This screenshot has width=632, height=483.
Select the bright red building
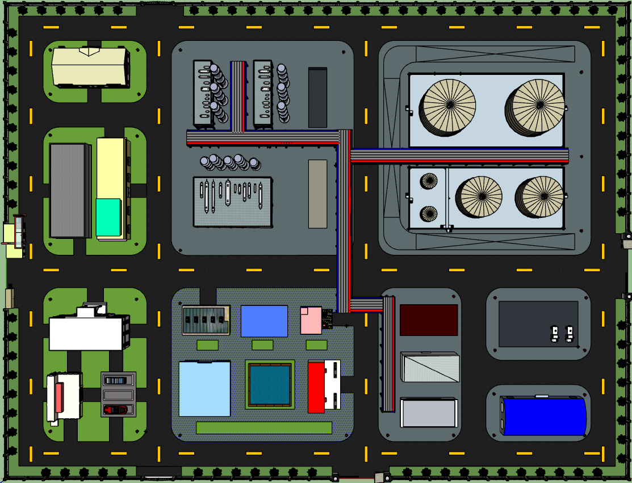click(x=316, y=387)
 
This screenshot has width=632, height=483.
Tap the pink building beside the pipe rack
click(x=311, y=320)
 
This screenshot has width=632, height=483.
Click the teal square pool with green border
click(x=270, y=384)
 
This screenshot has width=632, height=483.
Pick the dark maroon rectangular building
click(x=429, y=320)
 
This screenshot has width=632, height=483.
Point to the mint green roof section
click(x=108, y=217)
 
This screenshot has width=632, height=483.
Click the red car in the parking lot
click(x=115, y=409)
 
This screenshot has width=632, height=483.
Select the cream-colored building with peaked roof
click(x=89, y=67)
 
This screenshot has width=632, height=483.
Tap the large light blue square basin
click(x=204, y=389)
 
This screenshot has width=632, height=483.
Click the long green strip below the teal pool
click(x=263, y=428)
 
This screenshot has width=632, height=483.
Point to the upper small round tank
click(x=429, y=181)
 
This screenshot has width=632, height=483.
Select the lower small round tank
click(x=429, y=213)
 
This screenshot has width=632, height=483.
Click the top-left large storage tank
click(x=448, y=106)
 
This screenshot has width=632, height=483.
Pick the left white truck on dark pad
click(x=555, y=333)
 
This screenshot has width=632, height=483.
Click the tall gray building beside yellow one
click(x=69, y=190)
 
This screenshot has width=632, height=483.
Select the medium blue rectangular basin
click(x=264, y=321)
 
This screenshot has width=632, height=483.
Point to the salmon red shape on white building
click(x=59, y=397)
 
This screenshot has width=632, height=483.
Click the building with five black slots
click(x=205, y=321)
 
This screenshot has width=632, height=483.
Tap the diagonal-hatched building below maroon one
click(x=429, y=367)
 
